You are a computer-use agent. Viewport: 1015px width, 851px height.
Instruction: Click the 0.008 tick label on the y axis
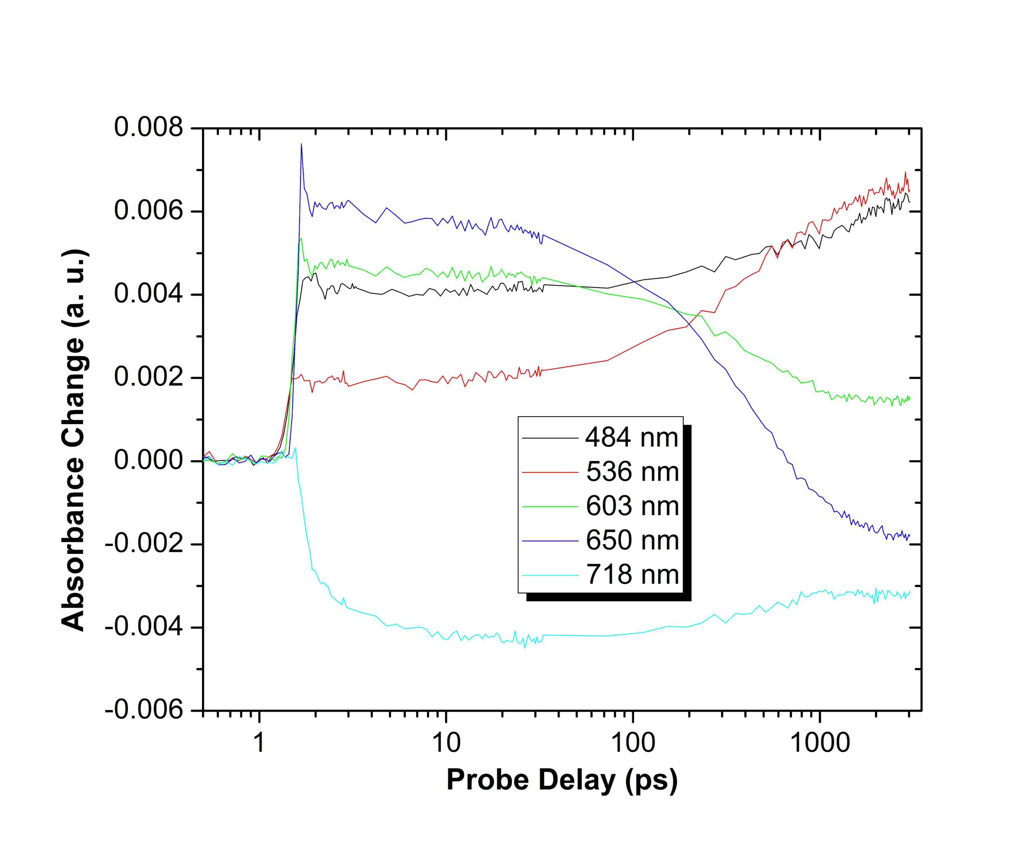(x=149, y=128)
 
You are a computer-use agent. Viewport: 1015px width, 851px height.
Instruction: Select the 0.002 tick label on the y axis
(x=149, y=377)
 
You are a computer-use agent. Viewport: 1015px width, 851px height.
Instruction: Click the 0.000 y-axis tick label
(x=149, y=461)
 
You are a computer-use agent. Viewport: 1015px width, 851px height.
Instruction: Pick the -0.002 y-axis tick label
(x=144, y=544)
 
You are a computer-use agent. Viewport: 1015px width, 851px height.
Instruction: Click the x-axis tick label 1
(x=260, y=742)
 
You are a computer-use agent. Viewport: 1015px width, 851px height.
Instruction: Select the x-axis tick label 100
(x=633, y=742)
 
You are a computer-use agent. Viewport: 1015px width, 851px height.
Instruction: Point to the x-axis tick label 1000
(x=820, y=742)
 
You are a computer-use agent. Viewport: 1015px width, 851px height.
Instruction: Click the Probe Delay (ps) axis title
(x=562, y=780)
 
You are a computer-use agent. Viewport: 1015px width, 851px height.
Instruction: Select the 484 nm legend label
(x=632, y=437)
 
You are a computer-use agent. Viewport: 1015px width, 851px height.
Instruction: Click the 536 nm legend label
(x=632, y=471)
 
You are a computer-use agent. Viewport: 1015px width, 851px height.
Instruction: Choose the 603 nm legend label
(x=632, y=506)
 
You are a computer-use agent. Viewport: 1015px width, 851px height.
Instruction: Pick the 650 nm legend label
(x=632, y=540)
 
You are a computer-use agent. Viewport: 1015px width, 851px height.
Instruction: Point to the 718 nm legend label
(x=632, y=575)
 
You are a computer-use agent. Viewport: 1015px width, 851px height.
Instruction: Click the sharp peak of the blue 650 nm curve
(x=301, y=144)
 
